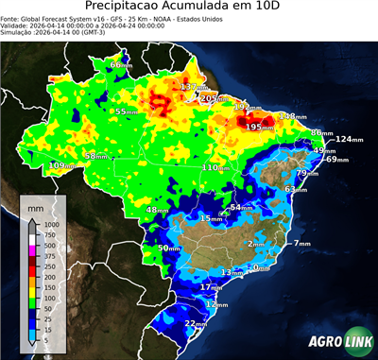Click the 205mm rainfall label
[215, 98]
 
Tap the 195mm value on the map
[253, 127]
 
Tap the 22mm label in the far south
[196, 323]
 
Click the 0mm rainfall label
[262, 267]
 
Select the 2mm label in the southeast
[256, 244]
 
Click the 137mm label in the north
[193, 87]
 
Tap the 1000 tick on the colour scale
[46, 225]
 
